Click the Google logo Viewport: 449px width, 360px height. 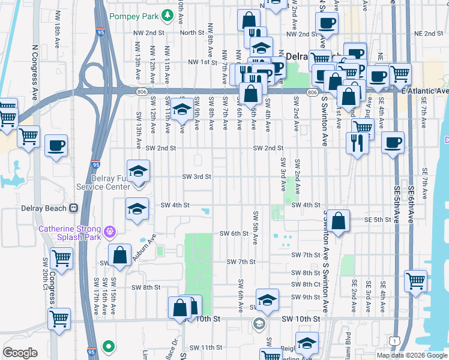click(x=20, y=353)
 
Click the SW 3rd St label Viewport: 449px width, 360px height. click(x=197, y=176)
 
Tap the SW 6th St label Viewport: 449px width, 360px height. click(x=234, y=233)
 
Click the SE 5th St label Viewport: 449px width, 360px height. click(x=378, y=220)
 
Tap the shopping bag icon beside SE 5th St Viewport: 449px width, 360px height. click(x=339, y=220)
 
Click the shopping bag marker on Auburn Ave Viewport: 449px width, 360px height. click(x=120, y=254)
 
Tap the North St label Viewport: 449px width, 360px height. click(x=191, y=33)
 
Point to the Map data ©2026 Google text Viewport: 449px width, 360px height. click(x=411, y=355)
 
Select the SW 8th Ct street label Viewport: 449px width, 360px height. click(x=307, y=284)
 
